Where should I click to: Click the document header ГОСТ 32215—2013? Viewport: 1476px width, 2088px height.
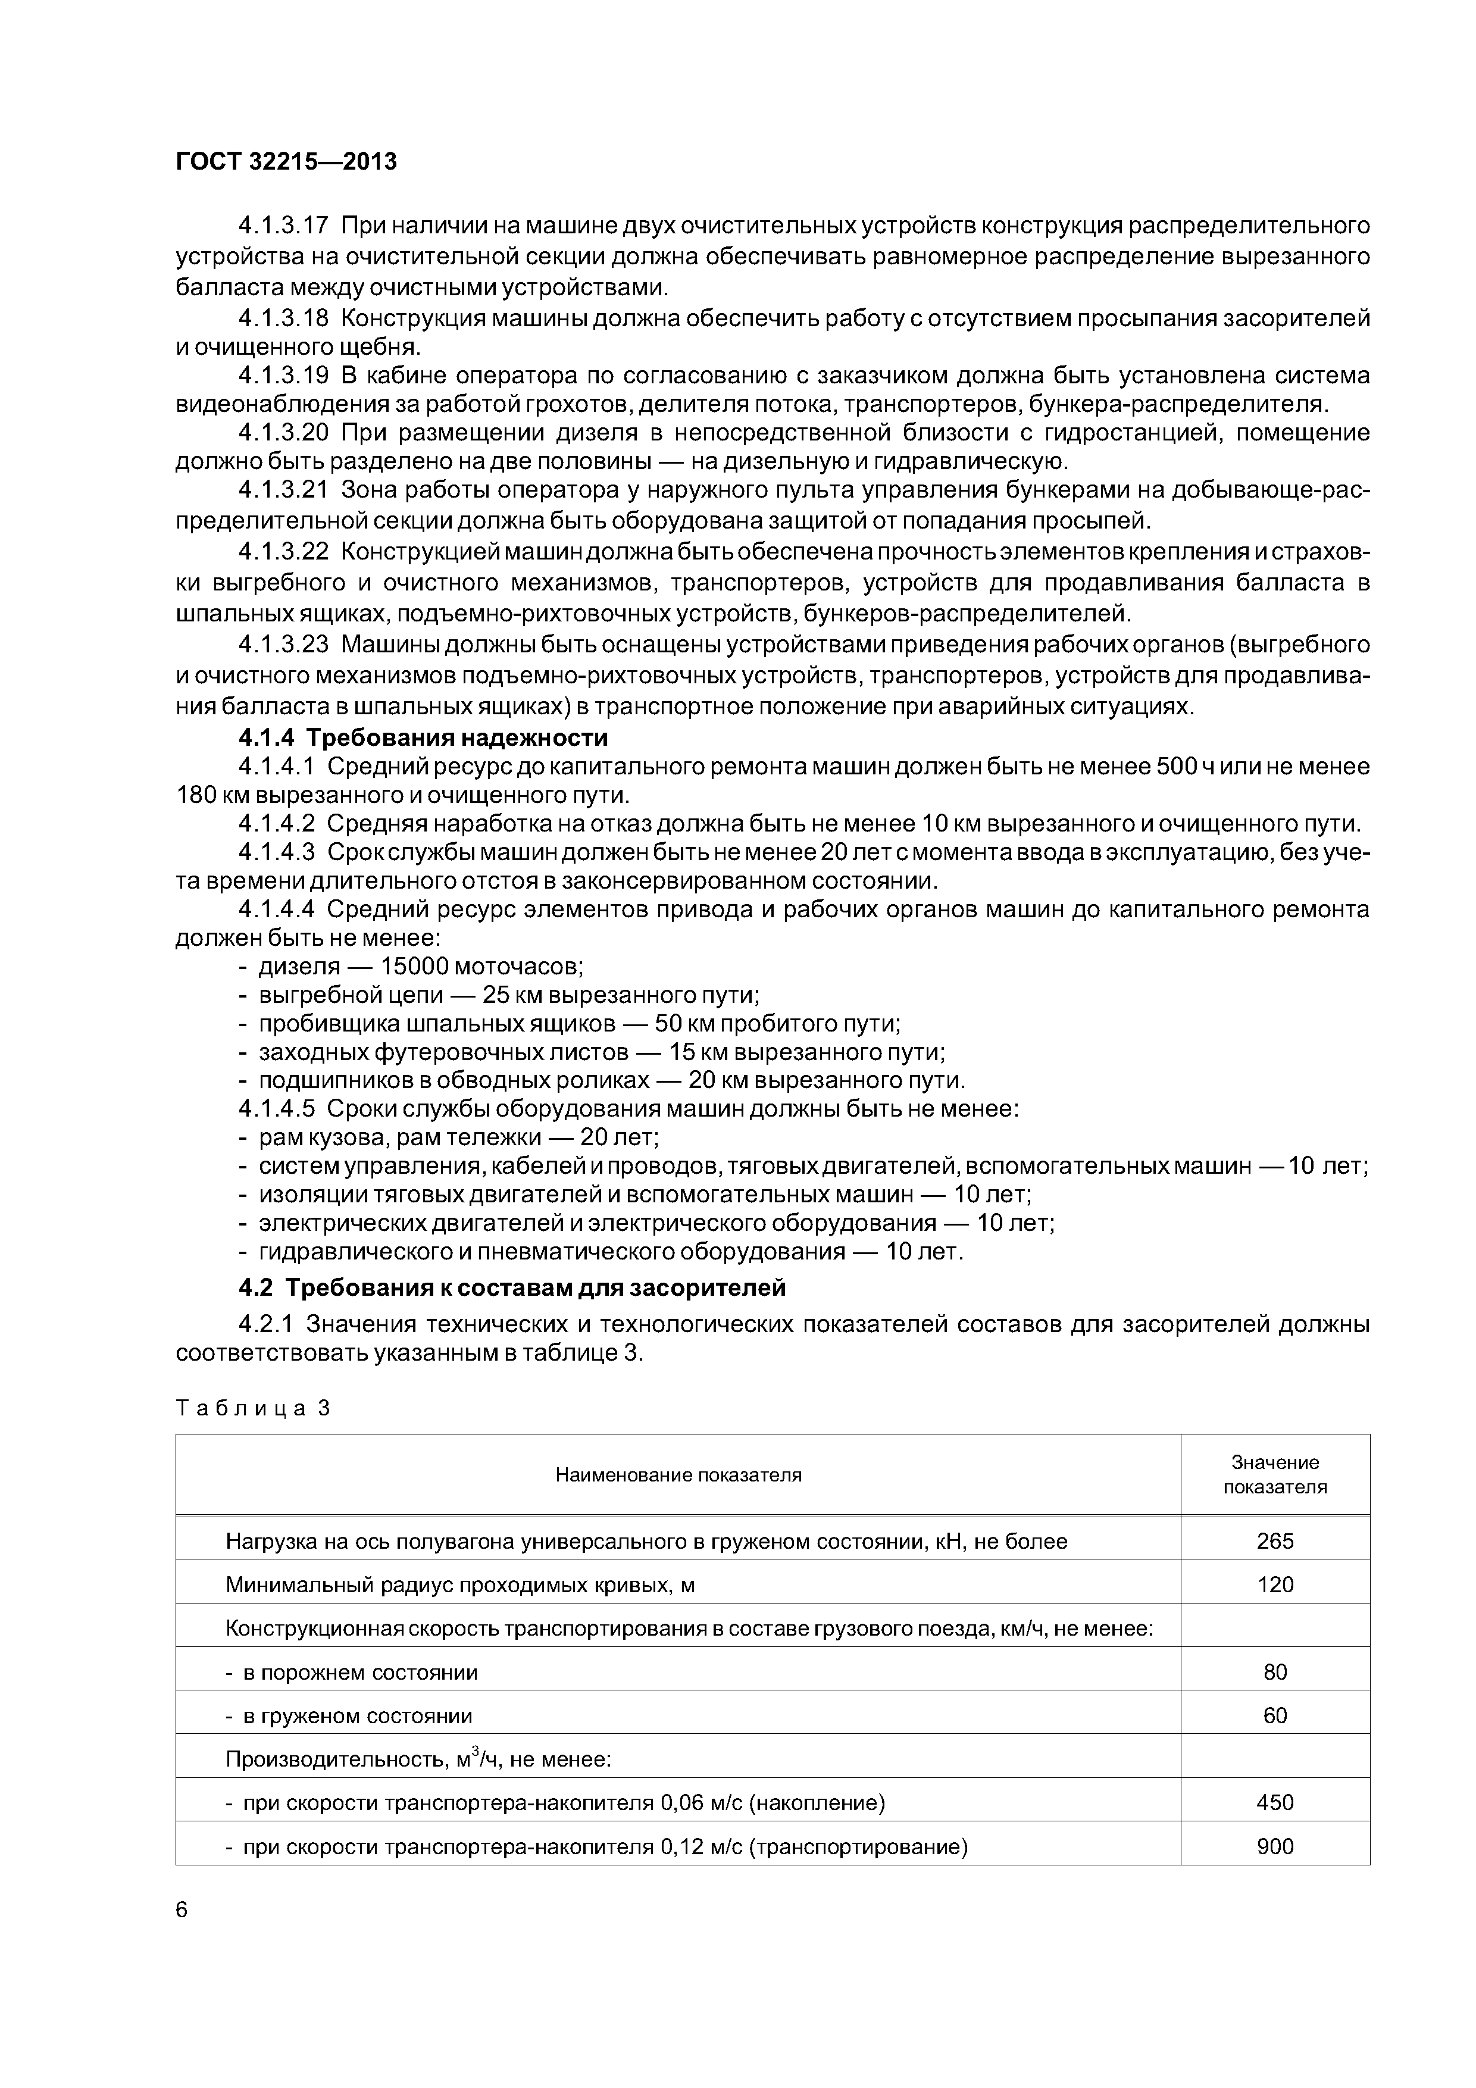tap(286, 162)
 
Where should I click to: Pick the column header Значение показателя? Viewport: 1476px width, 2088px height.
tap(1275, 1474)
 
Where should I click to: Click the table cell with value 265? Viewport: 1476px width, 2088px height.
tap(1275, 1542)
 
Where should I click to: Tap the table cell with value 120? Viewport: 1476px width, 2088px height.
tap(1275, 1585)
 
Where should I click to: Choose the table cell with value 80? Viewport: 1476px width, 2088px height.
tap(1275, 1673)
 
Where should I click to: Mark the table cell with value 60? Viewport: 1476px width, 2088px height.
tap(1275, 1716)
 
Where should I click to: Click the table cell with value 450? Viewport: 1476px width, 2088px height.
tap(1275, 1802)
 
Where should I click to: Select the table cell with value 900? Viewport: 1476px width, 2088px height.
tap(1275, 1846)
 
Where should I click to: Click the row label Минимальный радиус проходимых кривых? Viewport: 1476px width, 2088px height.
tap(459, 1585)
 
